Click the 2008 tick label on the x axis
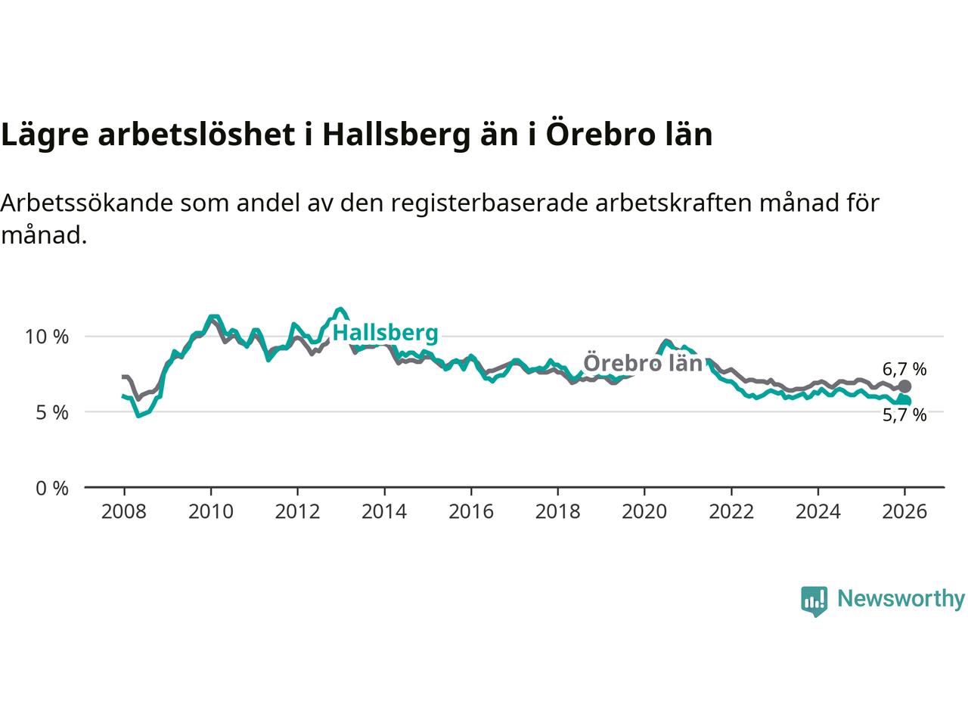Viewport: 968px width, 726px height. [x=124, y=512]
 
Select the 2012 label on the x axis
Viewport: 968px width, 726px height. [x=297, y=512]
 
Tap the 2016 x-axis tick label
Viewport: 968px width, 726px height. [x=471, y=512]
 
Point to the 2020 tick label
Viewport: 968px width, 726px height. [x=644, y=512]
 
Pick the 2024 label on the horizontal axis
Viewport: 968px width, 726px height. [x=818, y=512]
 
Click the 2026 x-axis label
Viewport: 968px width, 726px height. [x=904, y=512]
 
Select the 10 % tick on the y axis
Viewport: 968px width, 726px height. [x=47, y=337]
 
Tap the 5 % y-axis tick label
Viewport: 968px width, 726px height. [x=52, y=413]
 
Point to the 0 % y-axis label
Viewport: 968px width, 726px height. [x=52, y=489]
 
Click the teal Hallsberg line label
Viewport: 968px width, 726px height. [x=386, y=333]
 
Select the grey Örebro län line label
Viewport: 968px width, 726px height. [x=643, y=363]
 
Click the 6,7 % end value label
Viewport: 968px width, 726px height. [x=904, y=370]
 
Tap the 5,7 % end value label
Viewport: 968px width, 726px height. [x=904, y=414]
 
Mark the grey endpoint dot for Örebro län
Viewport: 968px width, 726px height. [x=904, y=386]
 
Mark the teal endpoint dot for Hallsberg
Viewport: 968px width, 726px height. [x=905, y=401]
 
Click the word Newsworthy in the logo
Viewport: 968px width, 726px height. [x=901, y=599]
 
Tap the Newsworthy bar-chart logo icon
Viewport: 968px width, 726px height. [x=814, y=601]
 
